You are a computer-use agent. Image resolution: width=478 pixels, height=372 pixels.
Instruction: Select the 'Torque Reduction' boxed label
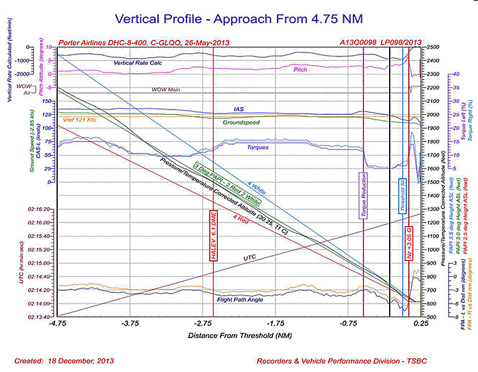coord(363,196)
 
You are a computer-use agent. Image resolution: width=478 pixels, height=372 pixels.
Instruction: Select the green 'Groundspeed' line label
coord(241,122)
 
